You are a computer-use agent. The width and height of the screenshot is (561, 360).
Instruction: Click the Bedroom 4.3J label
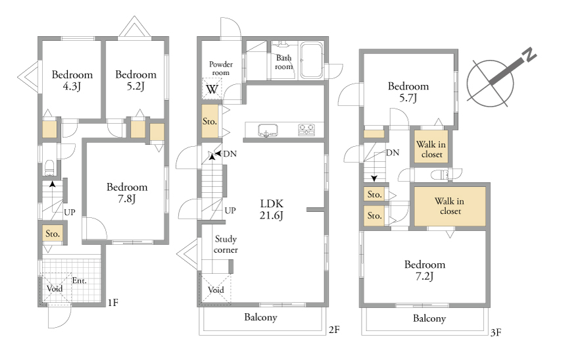click(72, 80)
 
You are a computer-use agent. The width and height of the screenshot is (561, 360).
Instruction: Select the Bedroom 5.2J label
click(135, 80)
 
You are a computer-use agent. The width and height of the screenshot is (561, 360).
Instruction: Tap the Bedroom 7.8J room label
click(127, 193)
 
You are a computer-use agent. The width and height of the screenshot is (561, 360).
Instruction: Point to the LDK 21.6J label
click(272, 209)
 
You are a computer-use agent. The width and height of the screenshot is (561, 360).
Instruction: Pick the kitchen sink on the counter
click(268, 130)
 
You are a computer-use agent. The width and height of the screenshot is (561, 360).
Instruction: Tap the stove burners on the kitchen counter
click(306, 130)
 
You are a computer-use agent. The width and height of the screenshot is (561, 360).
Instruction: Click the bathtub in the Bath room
click(311, 61)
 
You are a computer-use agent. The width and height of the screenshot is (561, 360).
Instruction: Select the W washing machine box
click(212, 88)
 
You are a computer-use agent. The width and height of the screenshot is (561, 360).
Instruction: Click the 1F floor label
click(112, 303)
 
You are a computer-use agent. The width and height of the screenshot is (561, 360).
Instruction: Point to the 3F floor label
click(496, 332)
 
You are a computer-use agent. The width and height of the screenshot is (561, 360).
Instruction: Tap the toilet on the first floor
click(49, 168)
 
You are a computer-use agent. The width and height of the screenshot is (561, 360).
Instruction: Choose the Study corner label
click(226, 244)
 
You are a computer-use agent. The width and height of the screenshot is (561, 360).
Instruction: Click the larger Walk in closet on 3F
click(450, 206)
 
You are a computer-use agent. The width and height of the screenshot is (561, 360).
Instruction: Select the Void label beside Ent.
click(55, 288)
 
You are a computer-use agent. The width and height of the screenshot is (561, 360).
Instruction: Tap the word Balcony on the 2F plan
click(260, 317)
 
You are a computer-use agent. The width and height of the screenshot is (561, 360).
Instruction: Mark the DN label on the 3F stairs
click(393, 153)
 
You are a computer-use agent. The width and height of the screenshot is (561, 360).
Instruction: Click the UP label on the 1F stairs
click(70, 212)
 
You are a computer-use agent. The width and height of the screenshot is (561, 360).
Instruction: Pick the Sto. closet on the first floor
click(53, 234)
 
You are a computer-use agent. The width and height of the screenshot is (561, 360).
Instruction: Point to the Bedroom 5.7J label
click(408, 91)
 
